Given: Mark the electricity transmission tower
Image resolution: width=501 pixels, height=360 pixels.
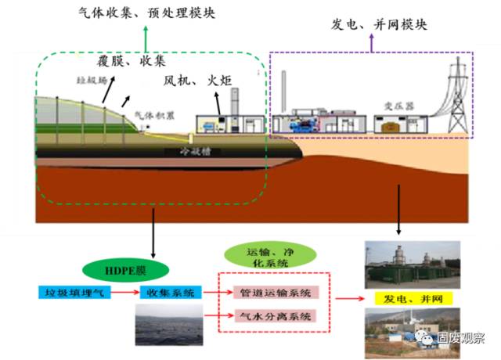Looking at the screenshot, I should [459, 98].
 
